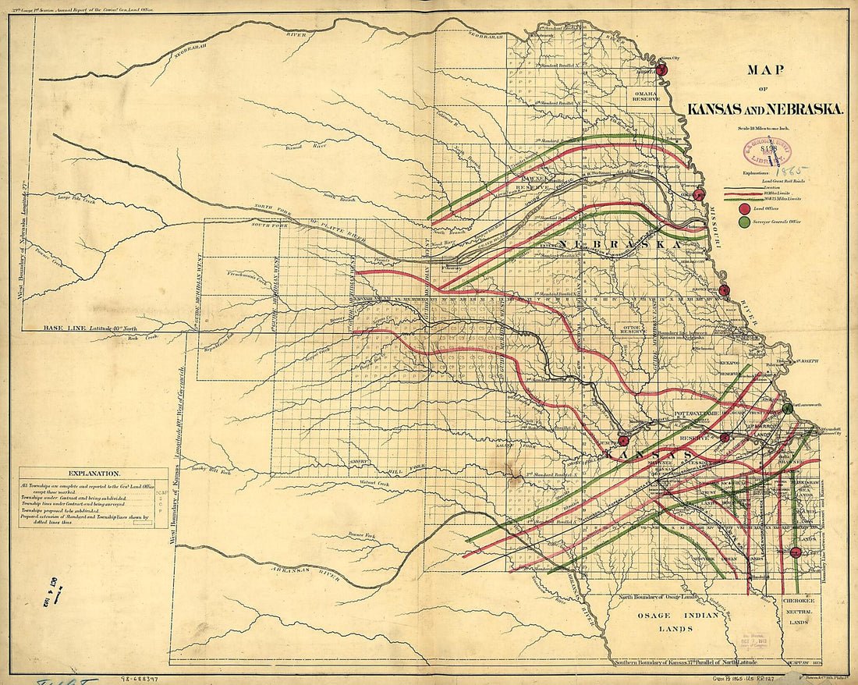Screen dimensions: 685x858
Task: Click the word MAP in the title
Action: (765, 69)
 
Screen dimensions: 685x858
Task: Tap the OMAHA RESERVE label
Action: (647, 96)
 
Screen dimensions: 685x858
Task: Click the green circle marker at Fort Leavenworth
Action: (788, 408)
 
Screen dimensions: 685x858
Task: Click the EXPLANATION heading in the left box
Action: (94, 474)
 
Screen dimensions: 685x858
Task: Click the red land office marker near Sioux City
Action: (662, 69)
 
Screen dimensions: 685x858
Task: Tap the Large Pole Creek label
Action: (76, 199)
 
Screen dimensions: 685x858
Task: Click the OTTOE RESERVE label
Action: (630, 328)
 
